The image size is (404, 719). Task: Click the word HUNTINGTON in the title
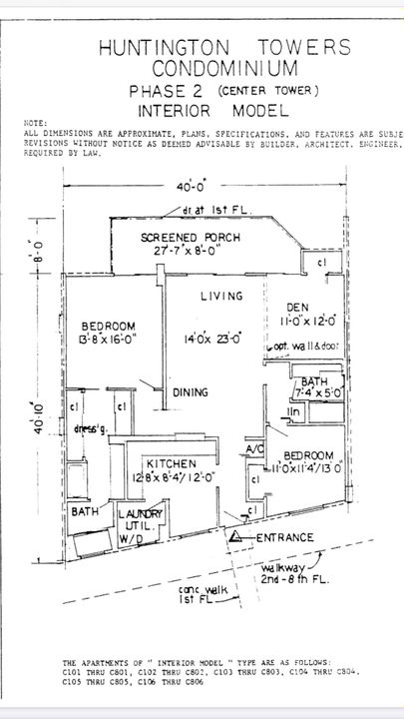click(x=163, y=47)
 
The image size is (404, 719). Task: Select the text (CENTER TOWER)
click(x=268, y=91)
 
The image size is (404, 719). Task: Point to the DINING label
click(x=190, y=392)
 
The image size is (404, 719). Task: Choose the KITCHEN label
click(x=171, y=464)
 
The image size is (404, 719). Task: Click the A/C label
click(x=254, y=450)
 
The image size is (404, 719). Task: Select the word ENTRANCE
click(x=285, y=537)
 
